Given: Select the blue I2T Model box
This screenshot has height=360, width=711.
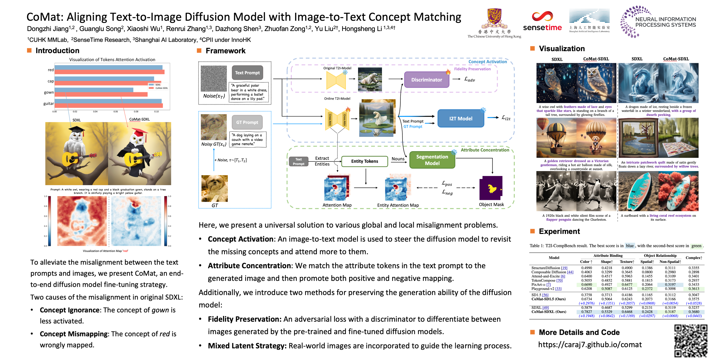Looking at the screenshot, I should [460, 118].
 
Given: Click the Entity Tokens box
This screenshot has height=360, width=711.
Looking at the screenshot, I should [364, 161].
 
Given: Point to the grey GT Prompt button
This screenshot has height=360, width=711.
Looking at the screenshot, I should [247, 122].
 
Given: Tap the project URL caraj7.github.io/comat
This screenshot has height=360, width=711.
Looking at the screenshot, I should [590, 345].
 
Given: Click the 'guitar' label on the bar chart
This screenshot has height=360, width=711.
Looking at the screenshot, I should [49, 104].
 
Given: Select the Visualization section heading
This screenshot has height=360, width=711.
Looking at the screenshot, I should [561, 49].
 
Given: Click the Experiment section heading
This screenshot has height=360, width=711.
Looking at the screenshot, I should [559, 231].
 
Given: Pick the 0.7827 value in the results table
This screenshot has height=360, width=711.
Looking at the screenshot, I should [587, 312].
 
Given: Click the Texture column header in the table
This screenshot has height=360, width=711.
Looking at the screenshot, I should [626, 262].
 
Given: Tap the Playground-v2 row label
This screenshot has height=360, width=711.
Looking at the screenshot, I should [546, 289].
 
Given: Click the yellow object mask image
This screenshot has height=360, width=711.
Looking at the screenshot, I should [491, 188].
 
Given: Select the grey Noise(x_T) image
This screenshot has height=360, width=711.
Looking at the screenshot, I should [214, 78].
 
